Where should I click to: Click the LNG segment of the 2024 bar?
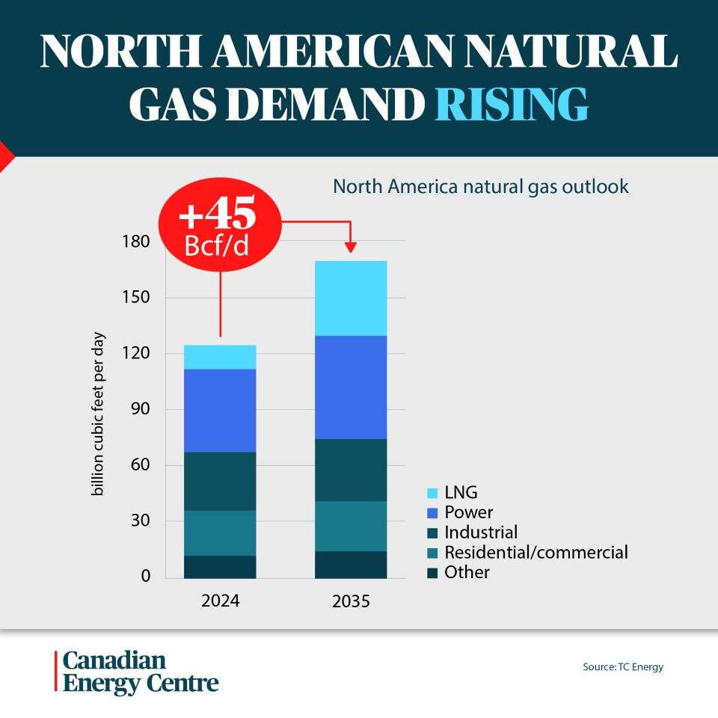[x=220, y=357]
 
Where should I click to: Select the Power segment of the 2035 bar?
[x=351, y=387]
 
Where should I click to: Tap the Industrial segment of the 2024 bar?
[x=220, y=481]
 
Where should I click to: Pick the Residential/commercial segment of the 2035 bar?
[x=351, y=526]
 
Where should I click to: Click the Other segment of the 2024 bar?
[x=220, y=566]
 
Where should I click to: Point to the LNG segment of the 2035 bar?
[x=351, y=298]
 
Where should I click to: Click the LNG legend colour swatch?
[x=432, y=494]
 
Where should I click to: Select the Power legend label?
[x=468, y=513]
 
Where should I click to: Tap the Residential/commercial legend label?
[x=536, y=553]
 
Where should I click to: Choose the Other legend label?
[x=467, y=573]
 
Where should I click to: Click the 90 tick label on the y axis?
[x=140, y=409]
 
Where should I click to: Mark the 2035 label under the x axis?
[x=351, y=601]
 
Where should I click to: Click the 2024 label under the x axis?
[x=220, y=601]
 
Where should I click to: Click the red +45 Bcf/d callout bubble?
[x=218, y=227]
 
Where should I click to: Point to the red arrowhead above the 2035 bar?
[x=351, y=247]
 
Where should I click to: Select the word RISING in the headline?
[x=512, y=105]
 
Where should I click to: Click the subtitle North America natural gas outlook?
[x=481, y=186]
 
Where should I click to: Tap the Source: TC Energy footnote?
[x=623, y=667]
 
